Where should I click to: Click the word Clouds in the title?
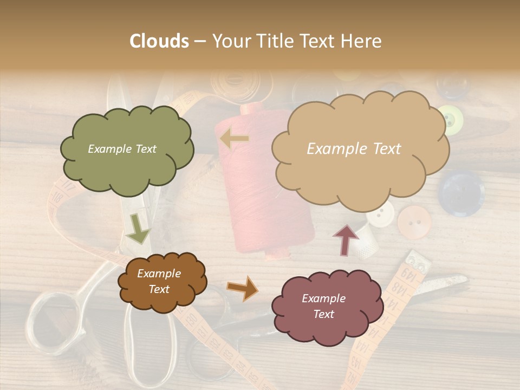coord(159,41)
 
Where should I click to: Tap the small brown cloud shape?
coord(161,281)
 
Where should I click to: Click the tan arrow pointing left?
coord(235,139)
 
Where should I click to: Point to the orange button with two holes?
coord(414,222)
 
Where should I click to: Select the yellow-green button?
coord(450,119)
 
